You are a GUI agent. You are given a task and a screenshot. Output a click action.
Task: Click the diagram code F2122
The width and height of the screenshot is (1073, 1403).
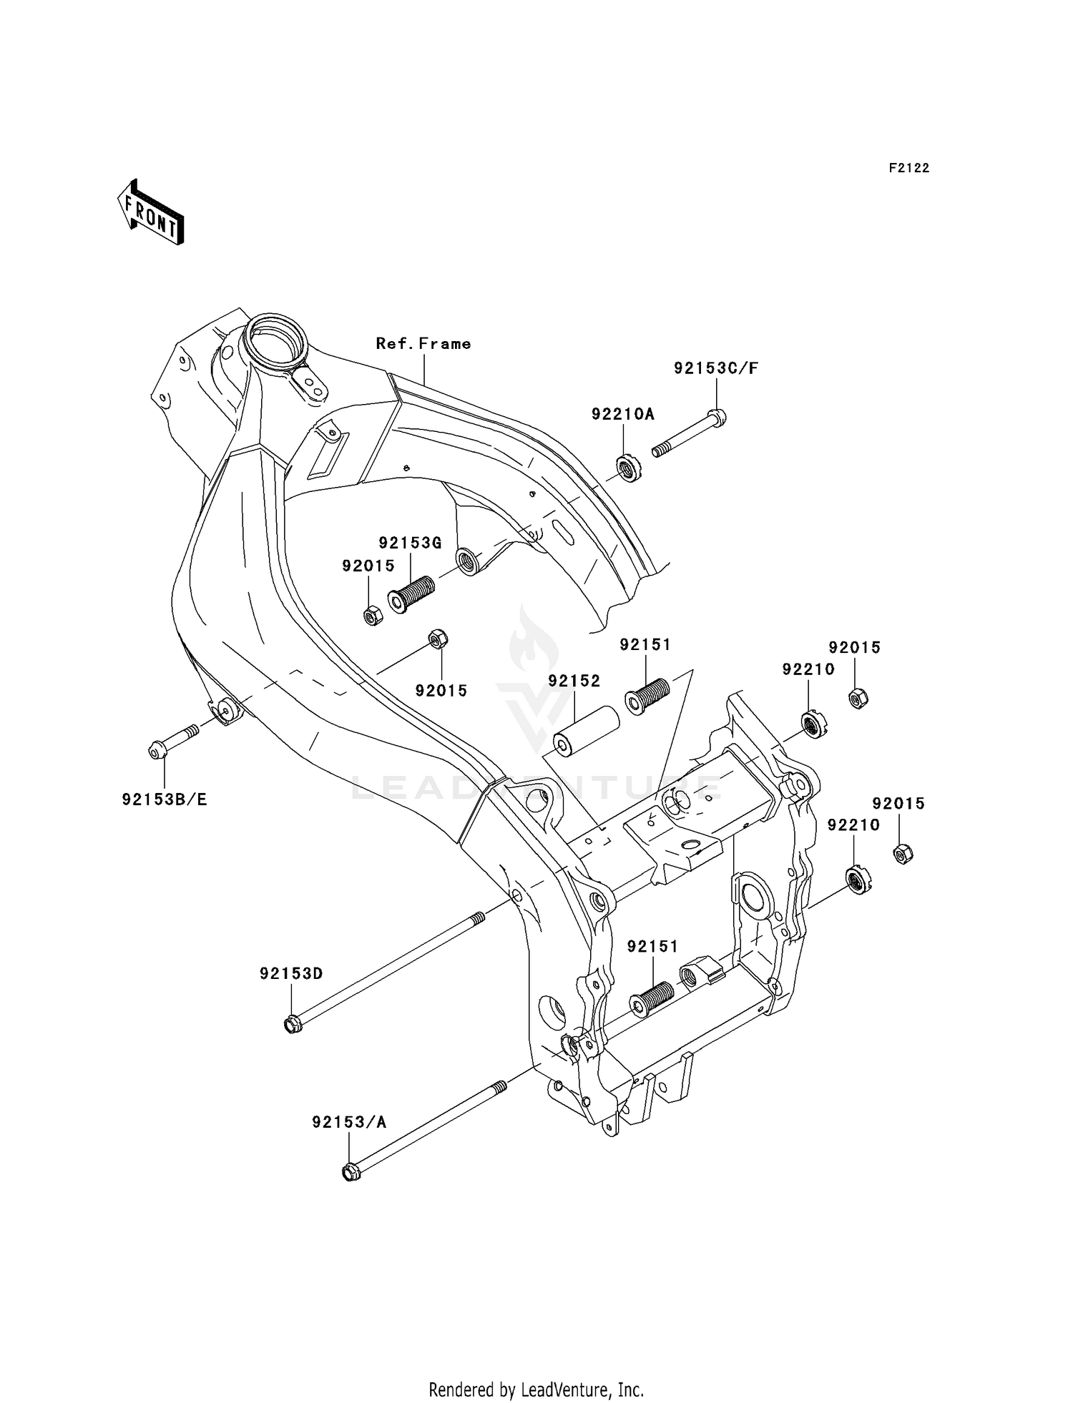tap(908, 168)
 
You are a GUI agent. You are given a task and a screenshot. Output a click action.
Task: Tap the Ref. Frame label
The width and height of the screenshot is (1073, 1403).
tap(423, 344)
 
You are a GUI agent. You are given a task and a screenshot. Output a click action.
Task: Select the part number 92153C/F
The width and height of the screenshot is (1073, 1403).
tap(715, 369)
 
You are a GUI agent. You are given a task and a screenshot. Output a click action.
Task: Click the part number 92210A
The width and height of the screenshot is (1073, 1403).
tap(622, 414)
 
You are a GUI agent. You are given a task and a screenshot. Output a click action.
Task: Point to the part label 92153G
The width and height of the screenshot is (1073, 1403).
tap(410, 543)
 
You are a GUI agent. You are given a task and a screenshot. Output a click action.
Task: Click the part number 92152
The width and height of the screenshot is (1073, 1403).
tap(574, 681)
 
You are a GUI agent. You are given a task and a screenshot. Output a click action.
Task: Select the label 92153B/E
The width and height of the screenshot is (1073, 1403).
tap(165, 799)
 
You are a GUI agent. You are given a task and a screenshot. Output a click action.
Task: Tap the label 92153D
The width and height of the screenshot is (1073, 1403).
tap(291, 973)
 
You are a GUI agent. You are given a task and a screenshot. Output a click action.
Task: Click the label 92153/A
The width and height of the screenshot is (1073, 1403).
tap(348, 1122)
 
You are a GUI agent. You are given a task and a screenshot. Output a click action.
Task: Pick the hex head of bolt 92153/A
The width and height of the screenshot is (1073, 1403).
tap(350, 1173)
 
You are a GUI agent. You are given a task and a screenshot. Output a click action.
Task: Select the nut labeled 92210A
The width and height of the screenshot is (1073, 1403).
tap(629, 469)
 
